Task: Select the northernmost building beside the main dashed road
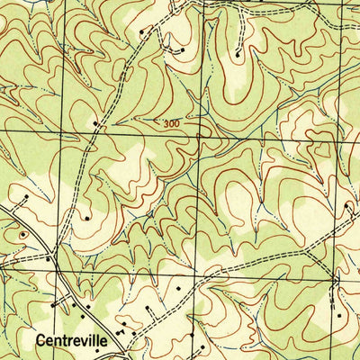[141, 32]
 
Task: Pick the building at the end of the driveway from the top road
[238, 55]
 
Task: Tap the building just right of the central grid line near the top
[183, 51]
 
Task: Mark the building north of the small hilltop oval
[26, 196]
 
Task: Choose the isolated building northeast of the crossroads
[86, 217]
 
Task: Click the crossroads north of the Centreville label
[55, 267]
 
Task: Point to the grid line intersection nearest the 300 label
[198, 131]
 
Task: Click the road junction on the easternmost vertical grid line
[332, 278]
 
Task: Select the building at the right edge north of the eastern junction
[346, 207]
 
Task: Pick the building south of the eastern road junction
[338, 316]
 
